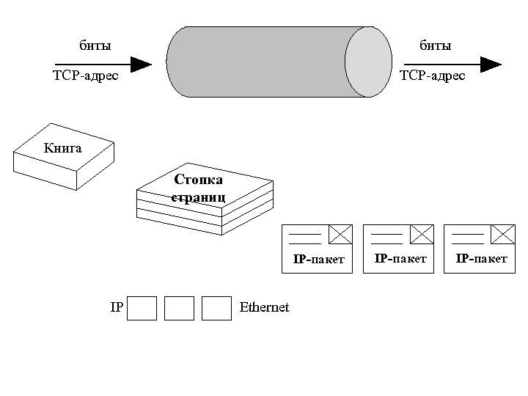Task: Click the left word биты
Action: pyautogui.click(x=95, y=45)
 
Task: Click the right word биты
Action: pyautogui.click(x=435, y=45)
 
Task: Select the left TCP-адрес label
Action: pyautogui.click(x=85, y=76)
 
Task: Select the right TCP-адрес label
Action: pyautogui.click(x=432, y=76)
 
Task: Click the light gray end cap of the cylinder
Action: pyautogui.click(x=368, y=62)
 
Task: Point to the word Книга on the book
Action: pyautogui.click(x=62, y=147)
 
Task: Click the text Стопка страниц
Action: pyautogui.click(x=198, y=188)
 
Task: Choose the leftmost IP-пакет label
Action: pyautogui.click(x=319, y=260)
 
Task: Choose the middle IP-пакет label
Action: pyautogui.click(x=400, y=259)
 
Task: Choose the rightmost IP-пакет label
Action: pyautogui.click(x=481, y=259)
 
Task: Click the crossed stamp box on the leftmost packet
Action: pyautogui.click(x=340, y=234)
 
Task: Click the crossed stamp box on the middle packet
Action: pyautogui.click(x=421, y=234)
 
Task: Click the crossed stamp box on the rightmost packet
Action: pyautogui.click(x=502, y=234)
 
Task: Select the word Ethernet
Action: pyautogui.click(x=265, y=307)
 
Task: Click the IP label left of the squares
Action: pyautogui.click(x=116, y=307)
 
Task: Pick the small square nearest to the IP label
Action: pyautogui.click(x=142, y=309)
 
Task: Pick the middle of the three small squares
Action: pyautogui.click(x=179, y=309)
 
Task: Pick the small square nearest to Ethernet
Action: pyautogui.click(x=216, y=309)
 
